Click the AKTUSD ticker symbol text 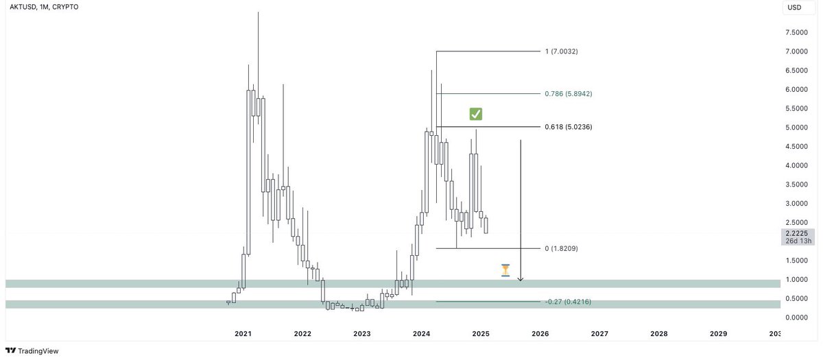coord(21,7)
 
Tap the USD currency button coord(794,8)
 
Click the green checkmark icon coord(476,114)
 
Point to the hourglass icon coord(505,270)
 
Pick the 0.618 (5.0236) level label coord(568,127)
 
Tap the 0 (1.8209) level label coord(561,248)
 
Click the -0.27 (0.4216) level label coord(568,302)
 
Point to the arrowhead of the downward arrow coord(521,279)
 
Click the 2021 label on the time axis coord(243,334)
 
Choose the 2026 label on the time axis coord(540,334)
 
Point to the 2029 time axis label coord(718,334)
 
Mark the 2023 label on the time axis coord(361,334)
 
